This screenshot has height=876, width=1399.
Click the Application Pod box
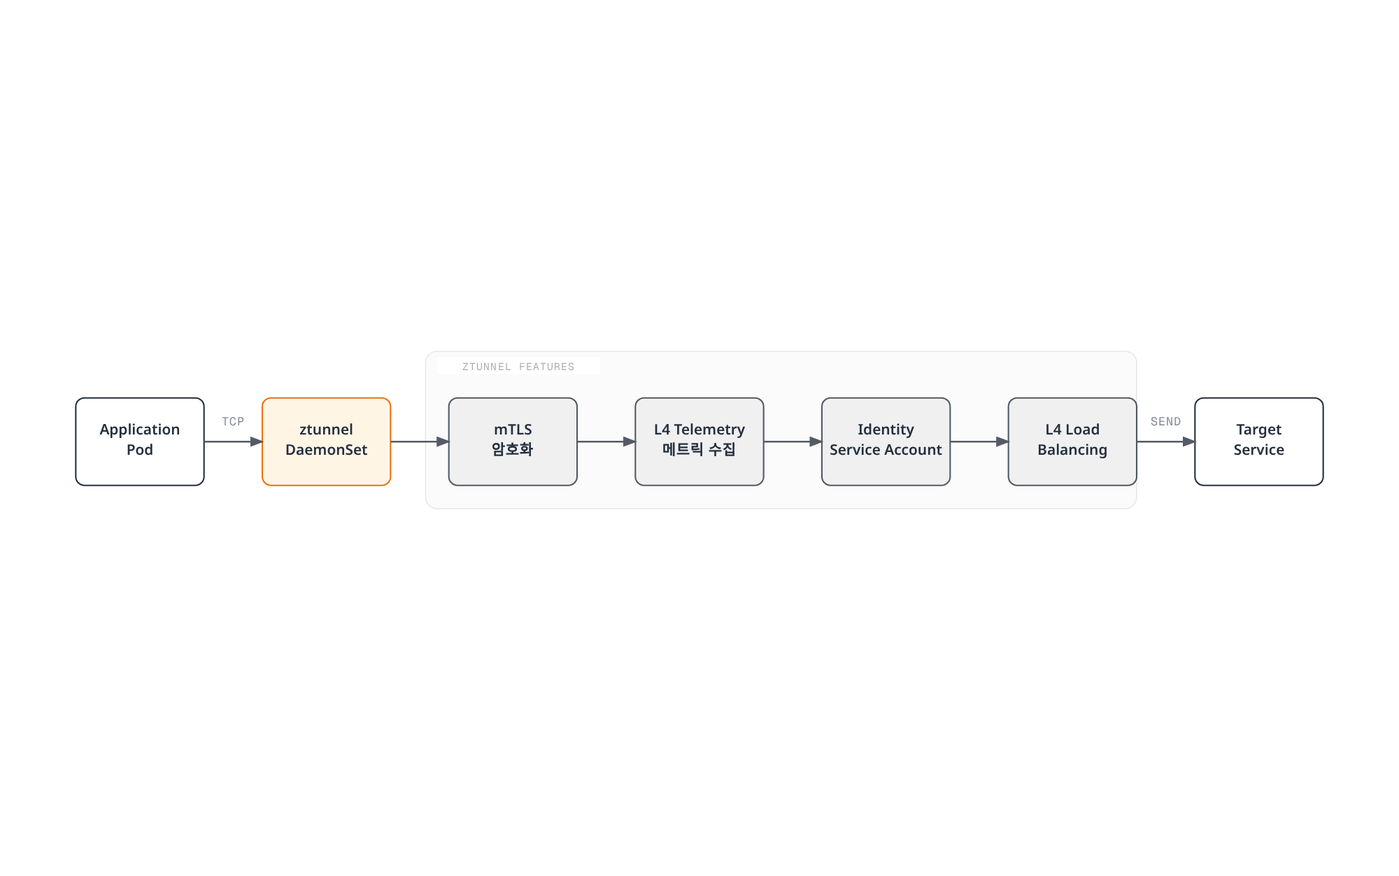[x=140, y=441]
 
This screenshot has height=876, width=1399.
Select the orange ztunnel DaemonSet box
[x=327, y=441]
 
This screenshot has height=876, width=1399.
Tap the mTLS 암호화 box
[x=513, y=441]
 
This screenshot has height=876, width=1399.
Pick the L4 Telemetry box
[x=699, y=441]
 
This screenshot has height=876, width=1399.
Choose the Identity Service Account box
[x=886, y=441]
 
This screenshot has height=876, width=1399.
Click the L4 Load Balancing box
[x=1072, y=441]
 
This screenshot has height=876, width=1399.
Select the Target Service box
[x=1259, y=441]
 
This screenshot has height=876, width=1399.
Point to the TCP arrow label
[x=233, y=421]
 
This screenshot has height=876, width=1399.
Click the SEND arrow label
[x=1165, y=421]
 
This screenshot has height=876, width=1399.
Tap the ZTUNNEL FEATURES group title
[x=518, y=367]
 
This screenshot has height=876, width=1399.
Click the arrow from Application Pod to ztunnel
[x=234, y=441]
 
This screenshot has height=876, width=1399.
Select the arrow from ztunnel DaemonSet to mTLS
[x=420, y=441]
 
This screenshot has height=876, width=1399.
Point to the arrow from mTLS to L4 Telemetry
[x=606, y=441]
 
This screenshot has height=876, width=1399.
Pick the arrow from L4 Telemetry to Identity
[x=793, y=441]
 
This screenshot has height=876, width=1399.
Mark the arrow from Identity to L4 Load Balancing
[x=979, y=441]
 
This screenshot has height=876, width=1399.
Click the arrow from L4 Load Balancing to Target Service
[x=1166, y=441]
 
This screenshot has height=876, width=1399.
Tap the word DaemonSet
[x=327, y=450]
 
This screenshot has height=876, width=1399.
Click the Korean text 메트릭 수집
[x=699, y=449]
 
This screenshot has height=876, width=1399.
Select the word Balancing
[x=1072, y=451]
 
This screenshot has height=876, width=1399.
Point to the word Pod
[x=140, y=450]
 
